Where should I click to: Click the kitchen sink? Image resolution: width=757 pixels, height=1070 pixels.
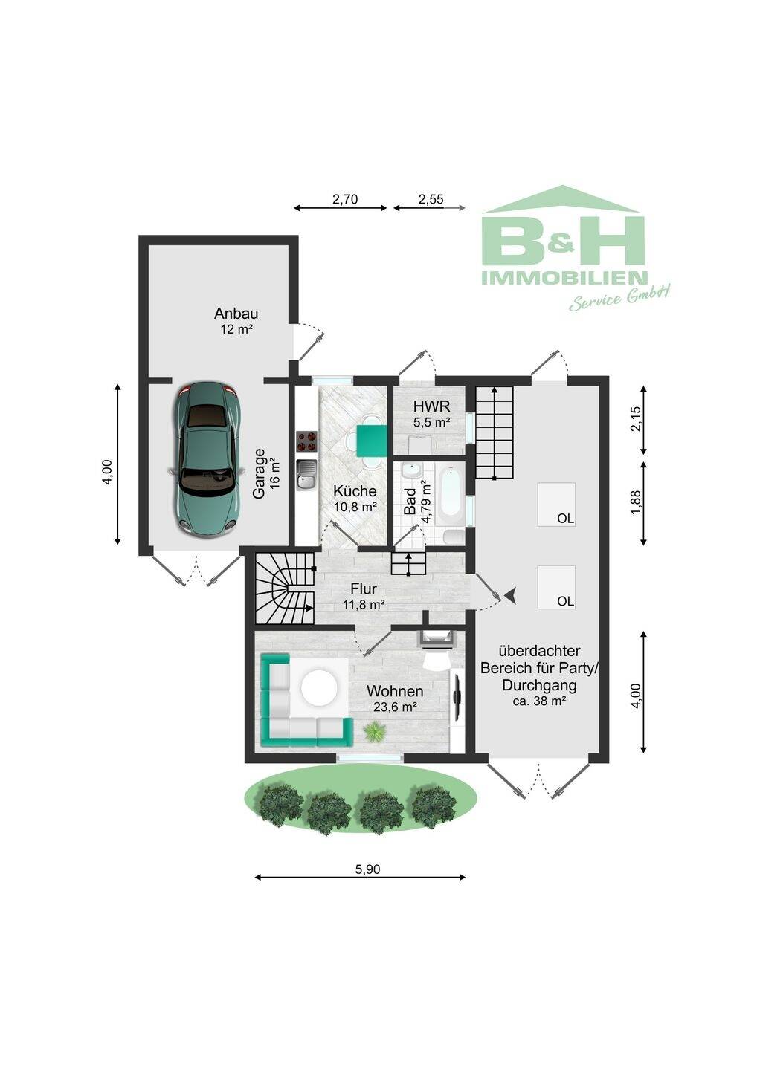click(x=307, y=475)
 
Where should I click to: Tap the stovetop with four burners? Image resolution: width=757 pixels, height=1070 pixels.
click(x=307, y=441)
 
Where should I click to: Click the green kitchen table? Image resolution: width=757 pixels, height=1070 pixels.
click(x=372, y=441)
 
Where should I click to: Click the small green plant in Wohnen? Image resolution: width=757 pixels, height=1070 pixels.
click(x=373, y=732)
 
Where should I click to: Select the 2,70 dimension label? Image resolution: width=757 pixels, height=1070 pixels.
click(x=345, y=199)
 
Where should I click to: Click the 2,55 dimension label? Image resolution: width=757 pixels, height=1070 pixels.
click(x=431, y=199)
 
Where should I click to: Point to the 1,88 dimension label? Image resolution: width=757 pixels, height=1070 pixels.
click(x=636, y=504)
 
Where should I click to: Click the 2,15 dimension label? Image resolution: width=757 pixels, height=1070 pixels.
click(x=636, y=419)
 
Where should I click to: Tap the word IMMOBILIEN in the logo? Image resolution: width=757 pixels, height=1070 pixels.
click(x=564, y=278)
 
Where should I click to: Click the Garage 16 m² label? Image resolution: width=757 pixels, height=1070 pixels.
click(x=266, y=473)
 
